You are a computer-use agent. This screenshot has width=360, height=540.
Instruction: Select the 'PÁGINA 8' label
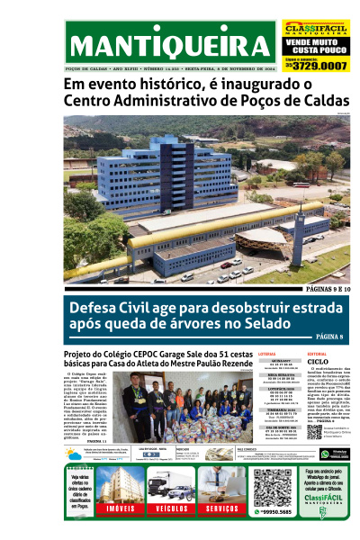pos(329,337)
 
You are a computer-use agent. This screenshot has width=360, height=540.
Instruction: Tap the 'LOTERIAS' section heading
pos(267,355)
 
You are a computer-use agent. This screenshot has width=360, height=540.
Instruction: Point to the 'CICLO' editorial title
pos(318,364)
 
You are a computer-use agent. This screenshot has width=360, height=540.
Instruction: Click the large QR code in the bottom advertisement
pos(272,488)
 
